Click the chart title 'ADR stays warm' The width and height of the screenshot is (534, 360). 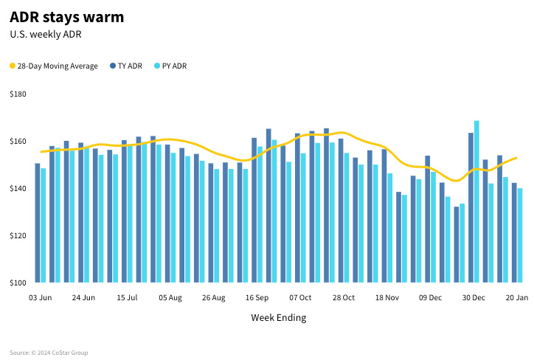click(67, 17)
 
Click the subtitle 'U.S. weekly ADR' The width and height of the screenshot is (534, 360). click(45, 34)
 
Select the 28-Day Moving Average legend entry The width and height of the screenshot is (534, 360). click(53, 66)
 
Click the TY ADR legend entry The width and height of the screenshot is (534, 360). click(125, 66)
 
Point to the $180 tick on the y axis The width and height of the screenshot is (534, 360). click(18, 94)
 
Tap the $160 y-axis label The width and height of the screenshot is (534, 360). click(18, 142)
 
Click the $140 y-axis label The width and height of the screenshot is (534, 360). click(18, 189)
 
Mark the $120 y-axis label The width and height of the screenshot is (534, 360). click(18, 236)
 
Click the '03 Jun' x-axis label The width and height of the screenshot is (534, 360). click(41, 298)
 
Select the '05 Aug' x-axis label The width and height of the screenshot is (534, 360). click(170, 298)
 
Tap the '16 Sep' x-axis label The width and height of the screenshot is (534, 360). click(257, 298)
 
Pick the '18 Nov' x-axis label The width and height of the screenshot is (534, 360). click(386, 298)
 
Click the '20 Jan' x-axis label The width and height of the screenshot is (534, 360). click(517, 298)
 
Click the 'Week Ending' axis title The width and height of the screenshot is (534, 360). click(278, 318)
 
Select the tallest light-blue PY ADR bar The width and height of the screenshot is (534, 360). click(476, 201)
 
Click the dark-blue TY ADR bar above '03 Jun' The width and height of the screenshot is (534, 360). click(38, 223)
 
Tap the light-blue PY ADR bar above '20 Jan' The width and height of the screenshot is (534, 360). click(520, 235)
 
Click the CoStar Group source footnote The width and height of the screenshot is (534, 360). click(49, 353)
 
